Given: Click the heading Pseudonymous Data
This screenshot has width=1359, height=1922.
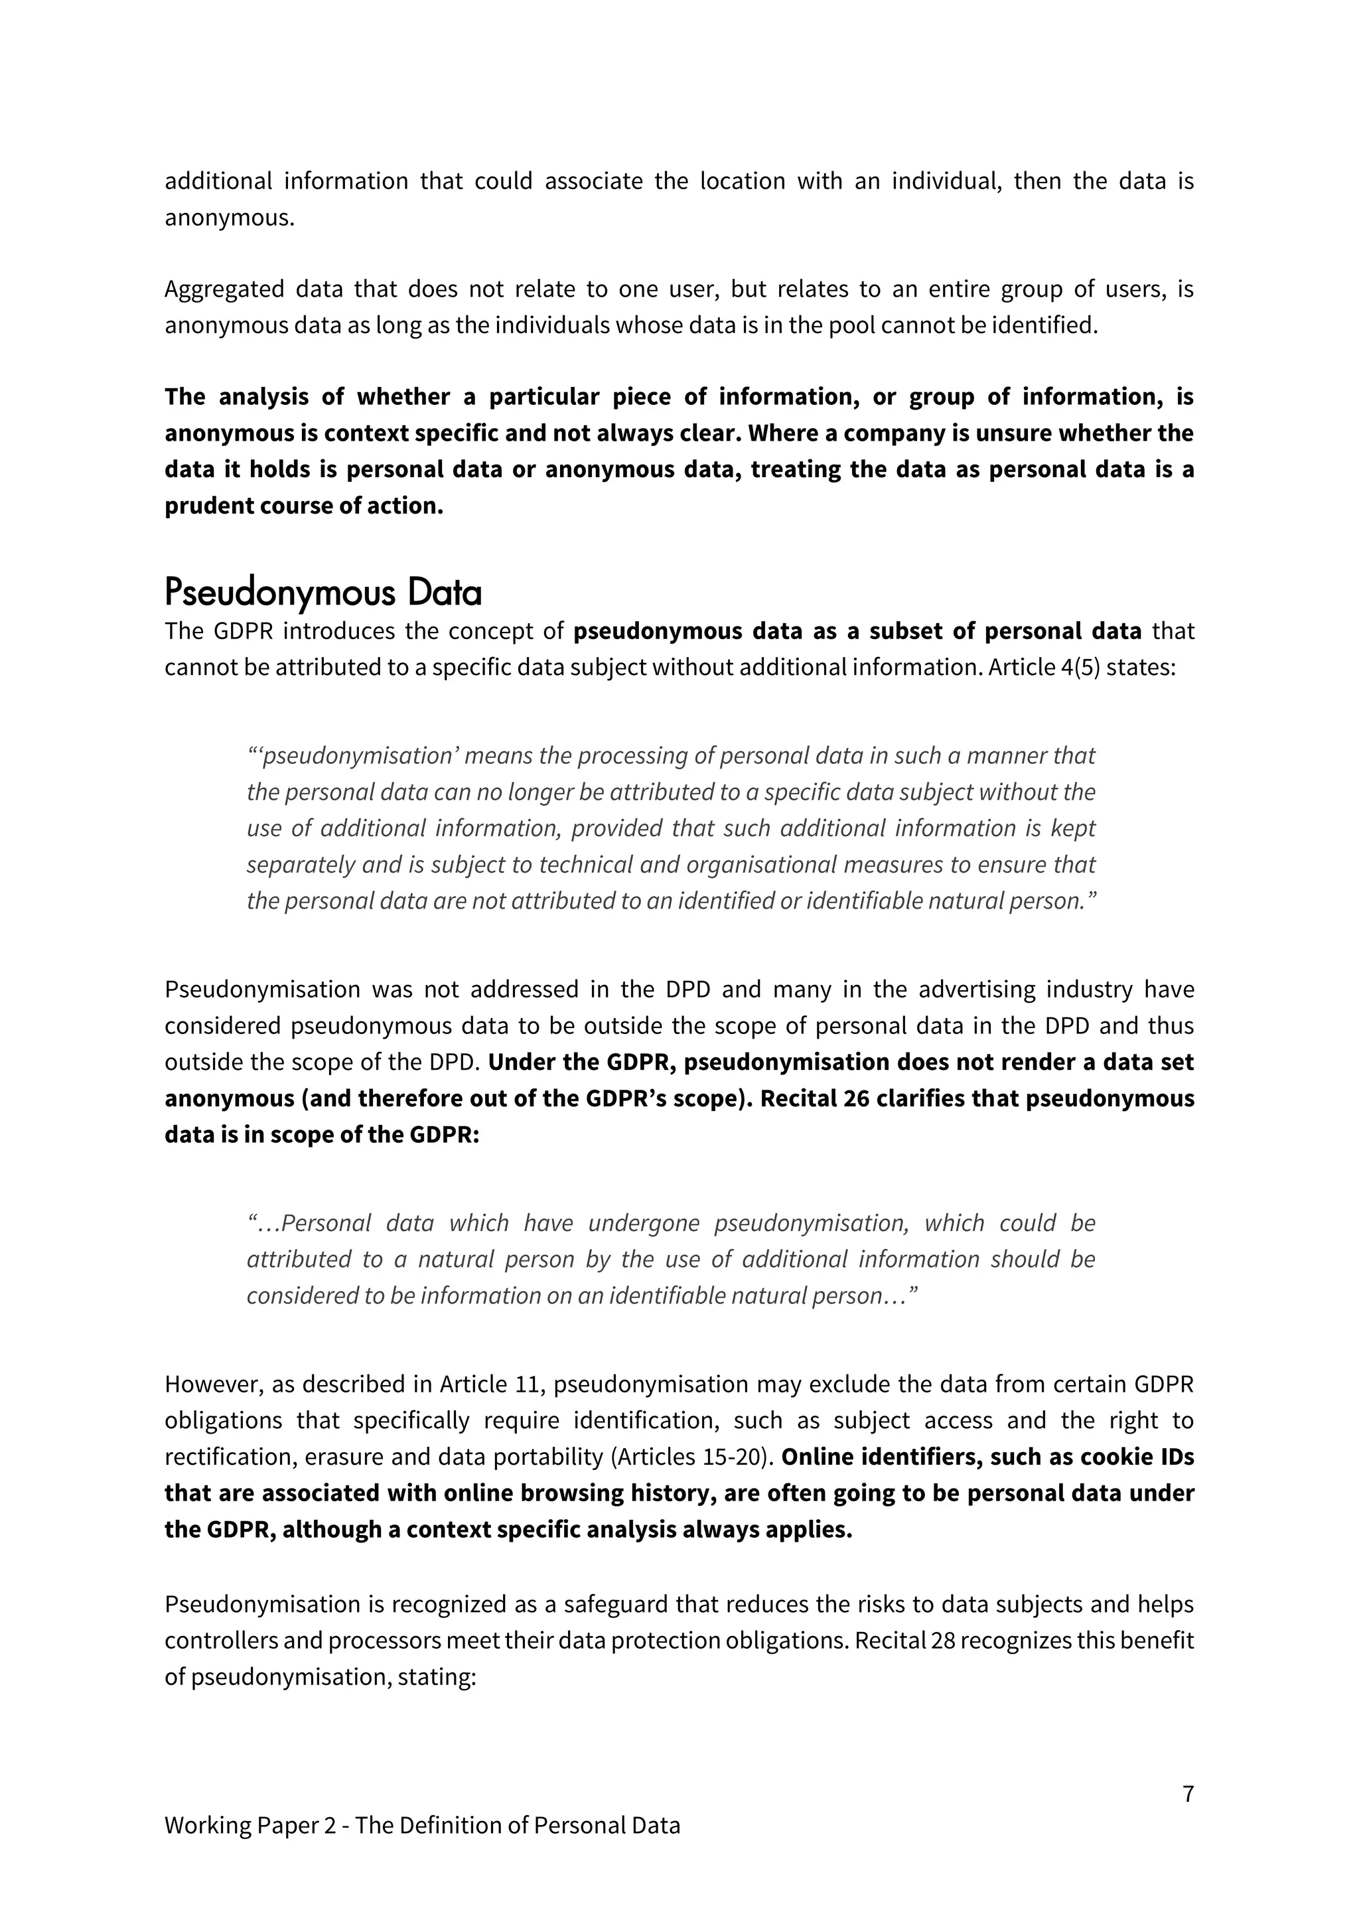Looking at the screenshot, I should tap(323, 593).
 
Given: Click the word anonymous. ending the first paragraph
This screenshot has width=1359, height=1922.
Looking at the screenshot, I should tap(230, 218).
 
